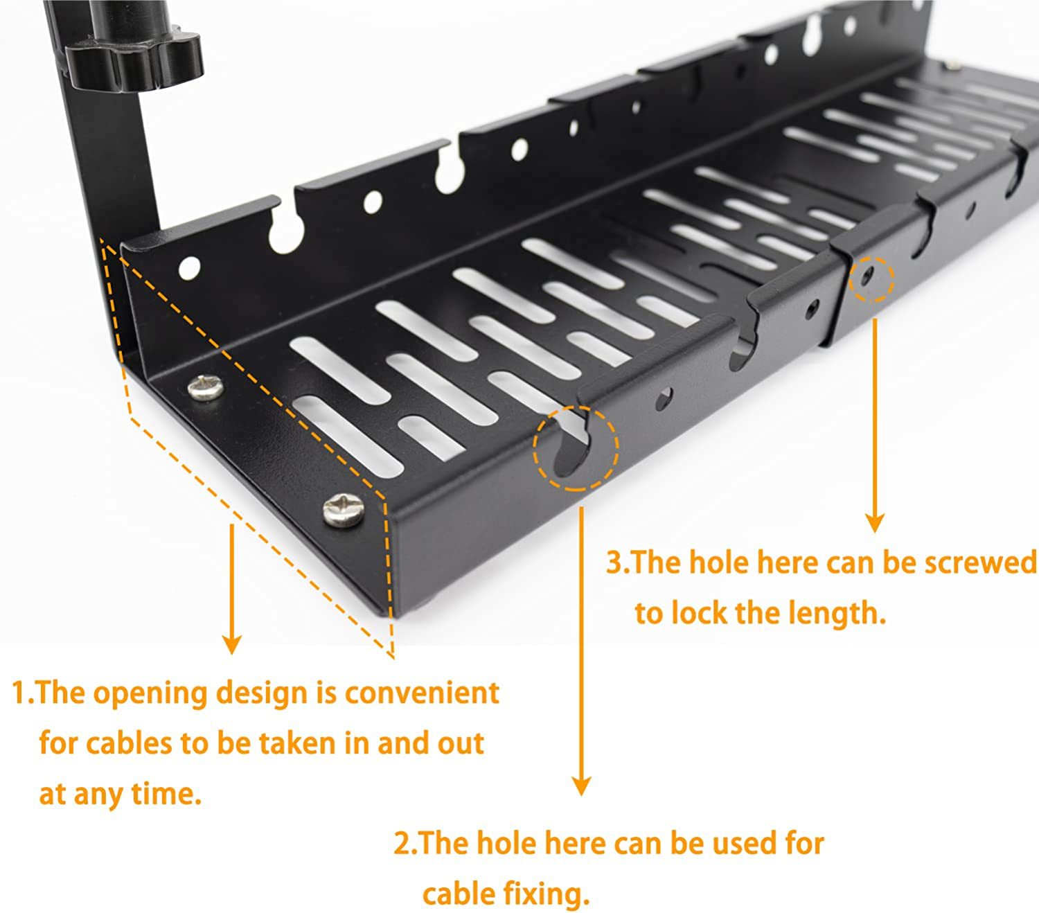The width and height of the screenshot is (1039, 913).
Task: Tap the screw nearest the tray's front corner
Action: click(x=344, y=511)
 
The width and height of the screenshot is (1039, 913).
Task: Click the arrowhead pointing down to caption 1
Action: click(x=232, y=644)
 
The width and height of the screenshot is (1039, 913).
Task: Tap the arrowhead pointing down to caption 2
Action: click(x=582, y=785)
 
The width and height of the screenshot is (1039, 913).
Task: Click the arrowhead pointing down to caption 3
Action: click(x=876, y=522)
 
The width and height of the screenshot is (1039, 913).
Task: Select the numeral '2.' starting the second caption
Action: click(x=405, y=844)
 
